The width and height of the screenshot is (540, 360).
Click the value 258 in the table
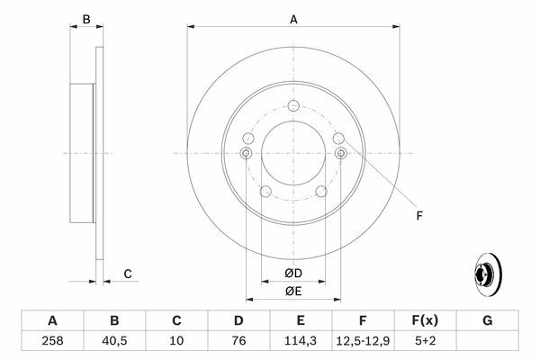[52, 341]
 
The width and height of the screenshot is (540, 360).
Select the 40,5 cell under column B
[114, 341]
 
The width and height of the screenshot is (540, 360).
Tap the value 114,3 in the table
[301, 341]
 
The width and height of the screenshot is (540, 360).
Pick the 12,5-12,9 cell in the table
[363, 341]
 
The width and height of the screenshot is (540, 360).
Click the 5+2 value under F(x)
[426, 341]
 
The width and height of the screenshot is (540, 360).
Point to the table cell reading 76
[238, 341]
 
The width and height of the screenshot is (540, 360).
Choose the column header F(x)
[425, 320]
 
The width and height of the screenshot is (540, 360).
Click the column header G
[487, 320]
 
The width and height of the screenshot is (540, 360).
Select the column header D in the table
[238, 320]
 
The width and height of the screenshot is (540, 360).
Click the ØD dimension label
[293, 274]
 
